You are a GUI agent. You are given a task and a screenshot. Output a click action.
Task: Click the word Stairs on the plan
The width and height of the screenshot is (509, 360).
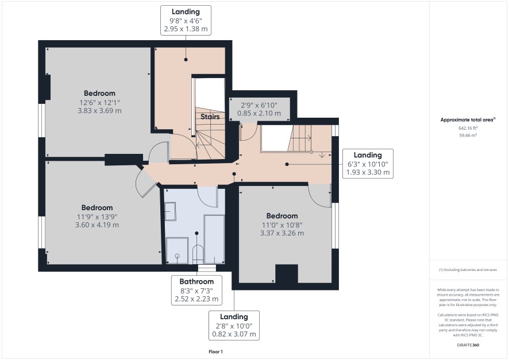(210, 117)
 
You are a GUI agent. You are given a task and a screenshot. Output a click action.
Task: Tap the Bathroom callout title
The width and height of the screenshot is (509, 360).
(196, 281)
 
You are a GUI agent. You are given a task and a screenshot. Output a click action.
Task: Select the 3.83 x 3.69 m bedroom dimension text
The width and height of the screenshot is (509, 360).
(99, 111)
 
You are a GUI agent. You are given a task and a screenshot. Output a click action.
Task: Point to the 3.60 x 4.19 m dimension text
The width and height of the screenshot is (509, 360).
(97, 224)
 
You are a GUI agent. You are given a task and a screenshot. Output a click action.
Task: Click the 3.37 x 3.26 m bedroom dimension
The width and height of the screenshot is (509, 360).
(282, 233)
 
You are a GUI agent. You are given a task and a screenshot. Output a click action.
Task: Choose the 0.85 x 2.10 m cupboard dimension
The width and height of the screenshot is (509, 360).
(259, 113)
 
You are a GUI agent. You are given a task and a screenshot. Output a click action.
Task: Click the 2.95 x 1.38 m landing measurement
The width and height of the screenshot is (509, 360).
(186, 29)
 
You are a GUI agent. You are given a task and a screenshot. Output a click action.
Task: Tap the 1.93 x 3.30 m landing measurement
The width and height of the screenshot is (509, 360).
(368, 172)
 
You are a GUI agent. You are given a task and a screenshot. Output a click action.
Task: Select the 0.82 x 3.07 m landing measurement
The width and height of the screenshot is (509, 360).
(234, 334)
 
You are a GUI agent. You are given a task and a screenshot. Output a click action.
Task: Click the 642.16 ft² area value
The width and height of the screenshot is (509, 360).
(468, 128)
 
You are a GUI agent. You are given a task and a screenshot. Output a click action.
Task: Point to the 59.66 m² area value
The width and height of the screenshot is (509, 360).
(468, 136)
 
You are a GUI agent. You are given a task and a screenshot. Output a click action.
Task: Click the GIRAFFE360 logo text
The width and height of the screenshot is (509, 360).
(468, 344)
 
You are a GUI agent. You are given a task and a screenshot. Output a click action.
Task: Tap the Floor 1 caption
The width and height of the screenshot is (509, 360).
(215, 351)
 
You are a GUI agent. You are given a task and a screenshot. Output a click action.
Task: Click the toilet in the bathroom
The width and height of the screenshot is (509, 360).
(198, 254)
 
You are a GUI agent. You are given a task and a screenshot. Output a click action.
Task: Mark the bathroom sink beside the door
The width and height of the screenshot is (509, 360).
(170, 211)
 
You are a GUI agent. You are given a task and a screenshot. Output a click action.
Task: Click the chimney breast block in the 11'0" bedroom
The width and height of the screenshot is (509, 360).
(287, 274)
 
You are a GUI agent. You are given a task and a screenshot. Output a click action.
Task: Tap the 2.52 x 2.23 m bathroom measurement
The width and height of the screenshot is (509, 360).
(196, 299)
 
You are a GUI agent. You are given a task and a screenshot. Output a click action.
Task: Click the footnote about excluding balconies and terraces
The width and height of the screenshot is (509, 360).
(468, 269)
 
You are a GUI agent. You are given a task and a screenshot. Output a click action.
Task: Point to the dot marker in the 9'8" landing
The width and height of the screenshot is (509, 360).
(186, 60)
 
